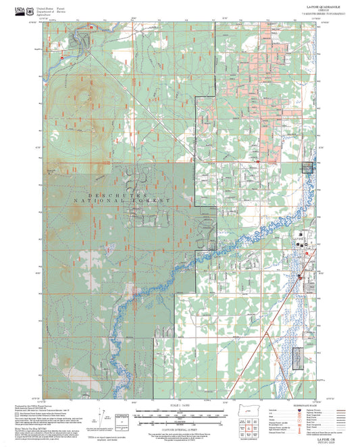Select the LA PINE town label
(x=299, y=238)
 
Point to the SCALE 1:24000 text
(x=180, y=404)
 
